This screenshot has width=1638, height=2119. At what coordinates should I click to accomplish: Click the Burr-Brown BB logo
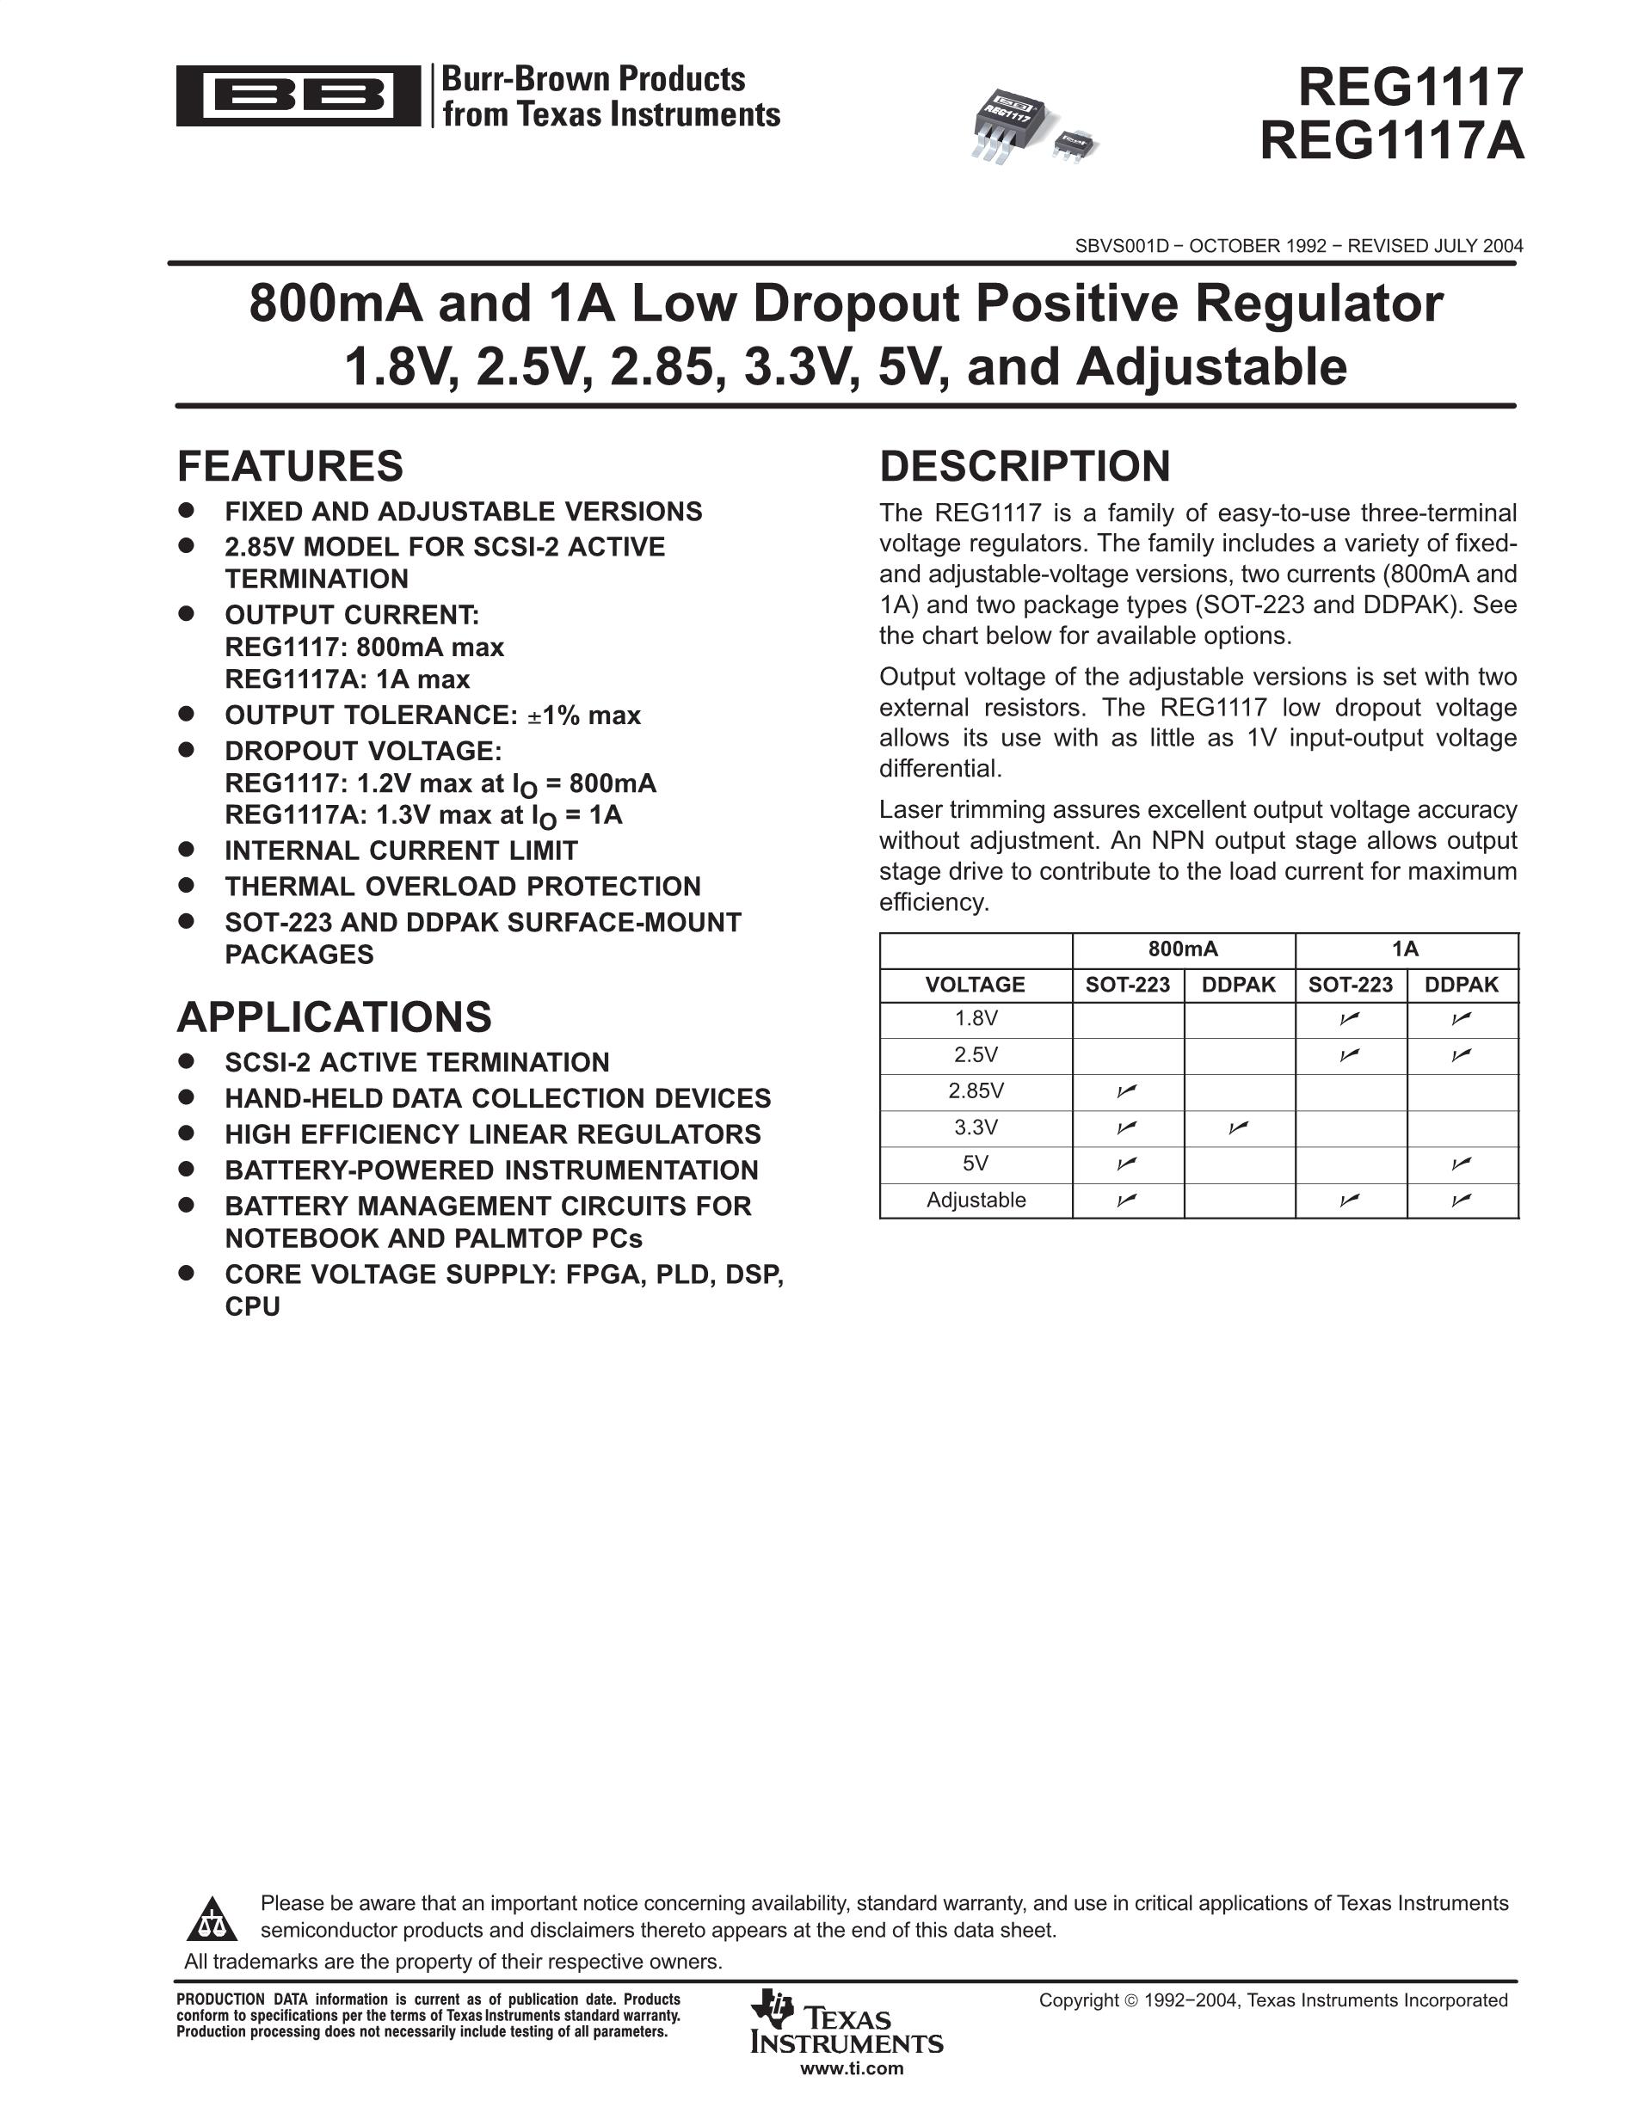click(298, 95)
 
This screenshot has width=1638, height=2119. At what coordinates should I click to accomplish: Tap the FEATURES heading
click(289, 467)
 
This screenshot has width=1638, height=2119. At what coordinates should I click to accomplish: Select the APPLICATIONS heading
click(334, 1017)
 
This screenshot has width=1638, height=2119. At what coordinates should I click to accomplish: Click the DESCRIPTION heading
click(1024, 467)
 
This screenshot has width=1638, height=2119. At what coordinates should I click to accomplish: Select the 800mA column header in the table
click(1182, 949)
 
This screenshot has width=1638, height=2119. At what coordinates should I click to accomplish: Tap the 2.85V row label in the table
click(976, 1091)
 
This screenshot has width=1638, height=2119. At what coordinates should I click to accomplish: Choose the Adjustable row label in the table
click(976, 1201)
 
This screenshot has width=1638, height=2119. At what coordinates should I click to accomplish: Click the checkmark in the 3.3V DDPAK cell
click(1237, 1127)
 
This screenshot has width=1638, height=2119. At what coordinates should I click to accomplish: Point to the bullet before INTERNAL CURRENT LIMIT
click(188, 849)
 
